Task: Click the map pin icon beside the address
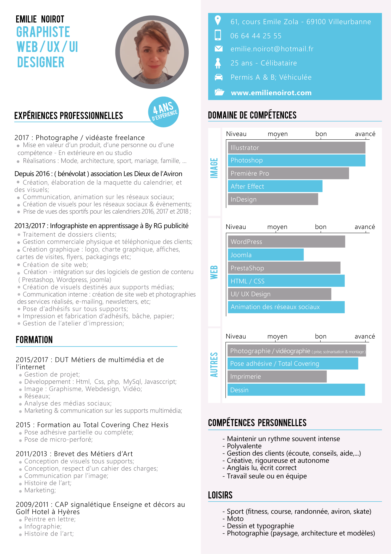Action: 218,20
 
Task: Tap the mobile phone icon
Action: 218,35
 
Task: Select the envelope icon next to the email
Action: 218,49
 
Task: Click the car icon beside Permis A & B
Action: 218,77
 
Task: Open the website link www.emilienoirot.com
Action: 271,93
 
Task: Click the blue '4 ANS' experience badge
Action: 164,112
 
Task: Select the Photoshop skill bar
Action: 296,160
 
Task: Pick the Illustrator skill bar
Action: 296,148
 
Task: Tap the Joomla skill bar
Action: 266,255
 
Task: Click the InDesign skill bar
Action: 273,199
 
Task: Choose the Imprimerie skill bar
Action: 277,377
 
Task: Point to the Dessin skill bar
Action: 296,390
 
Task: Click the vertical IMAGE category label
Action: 214,168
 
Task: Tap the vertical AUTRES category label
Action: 214,365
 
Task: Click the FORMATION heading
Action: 34,340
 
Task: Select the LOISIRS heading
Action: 220,495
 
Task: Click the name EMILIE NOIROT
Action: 40,19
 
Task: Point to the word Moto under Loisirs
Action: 235,519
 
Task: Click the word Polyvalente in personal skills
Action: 244,446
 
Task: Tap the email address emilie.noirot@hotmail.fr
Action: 272,49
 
